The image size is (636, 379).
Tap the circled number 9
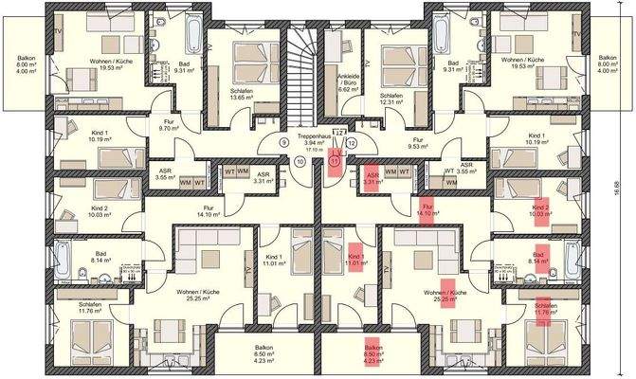point(283,143)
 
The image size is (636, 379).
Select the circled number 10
point(300,161)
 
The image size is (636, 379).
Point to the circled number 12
point(352,143)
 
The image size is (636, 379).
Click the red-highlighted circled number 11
point(334,162)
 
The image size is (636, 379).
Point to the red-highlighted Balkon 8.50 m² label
point(373,352)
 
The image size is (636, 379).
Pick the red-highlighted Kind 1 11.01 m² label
point(355,260)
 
